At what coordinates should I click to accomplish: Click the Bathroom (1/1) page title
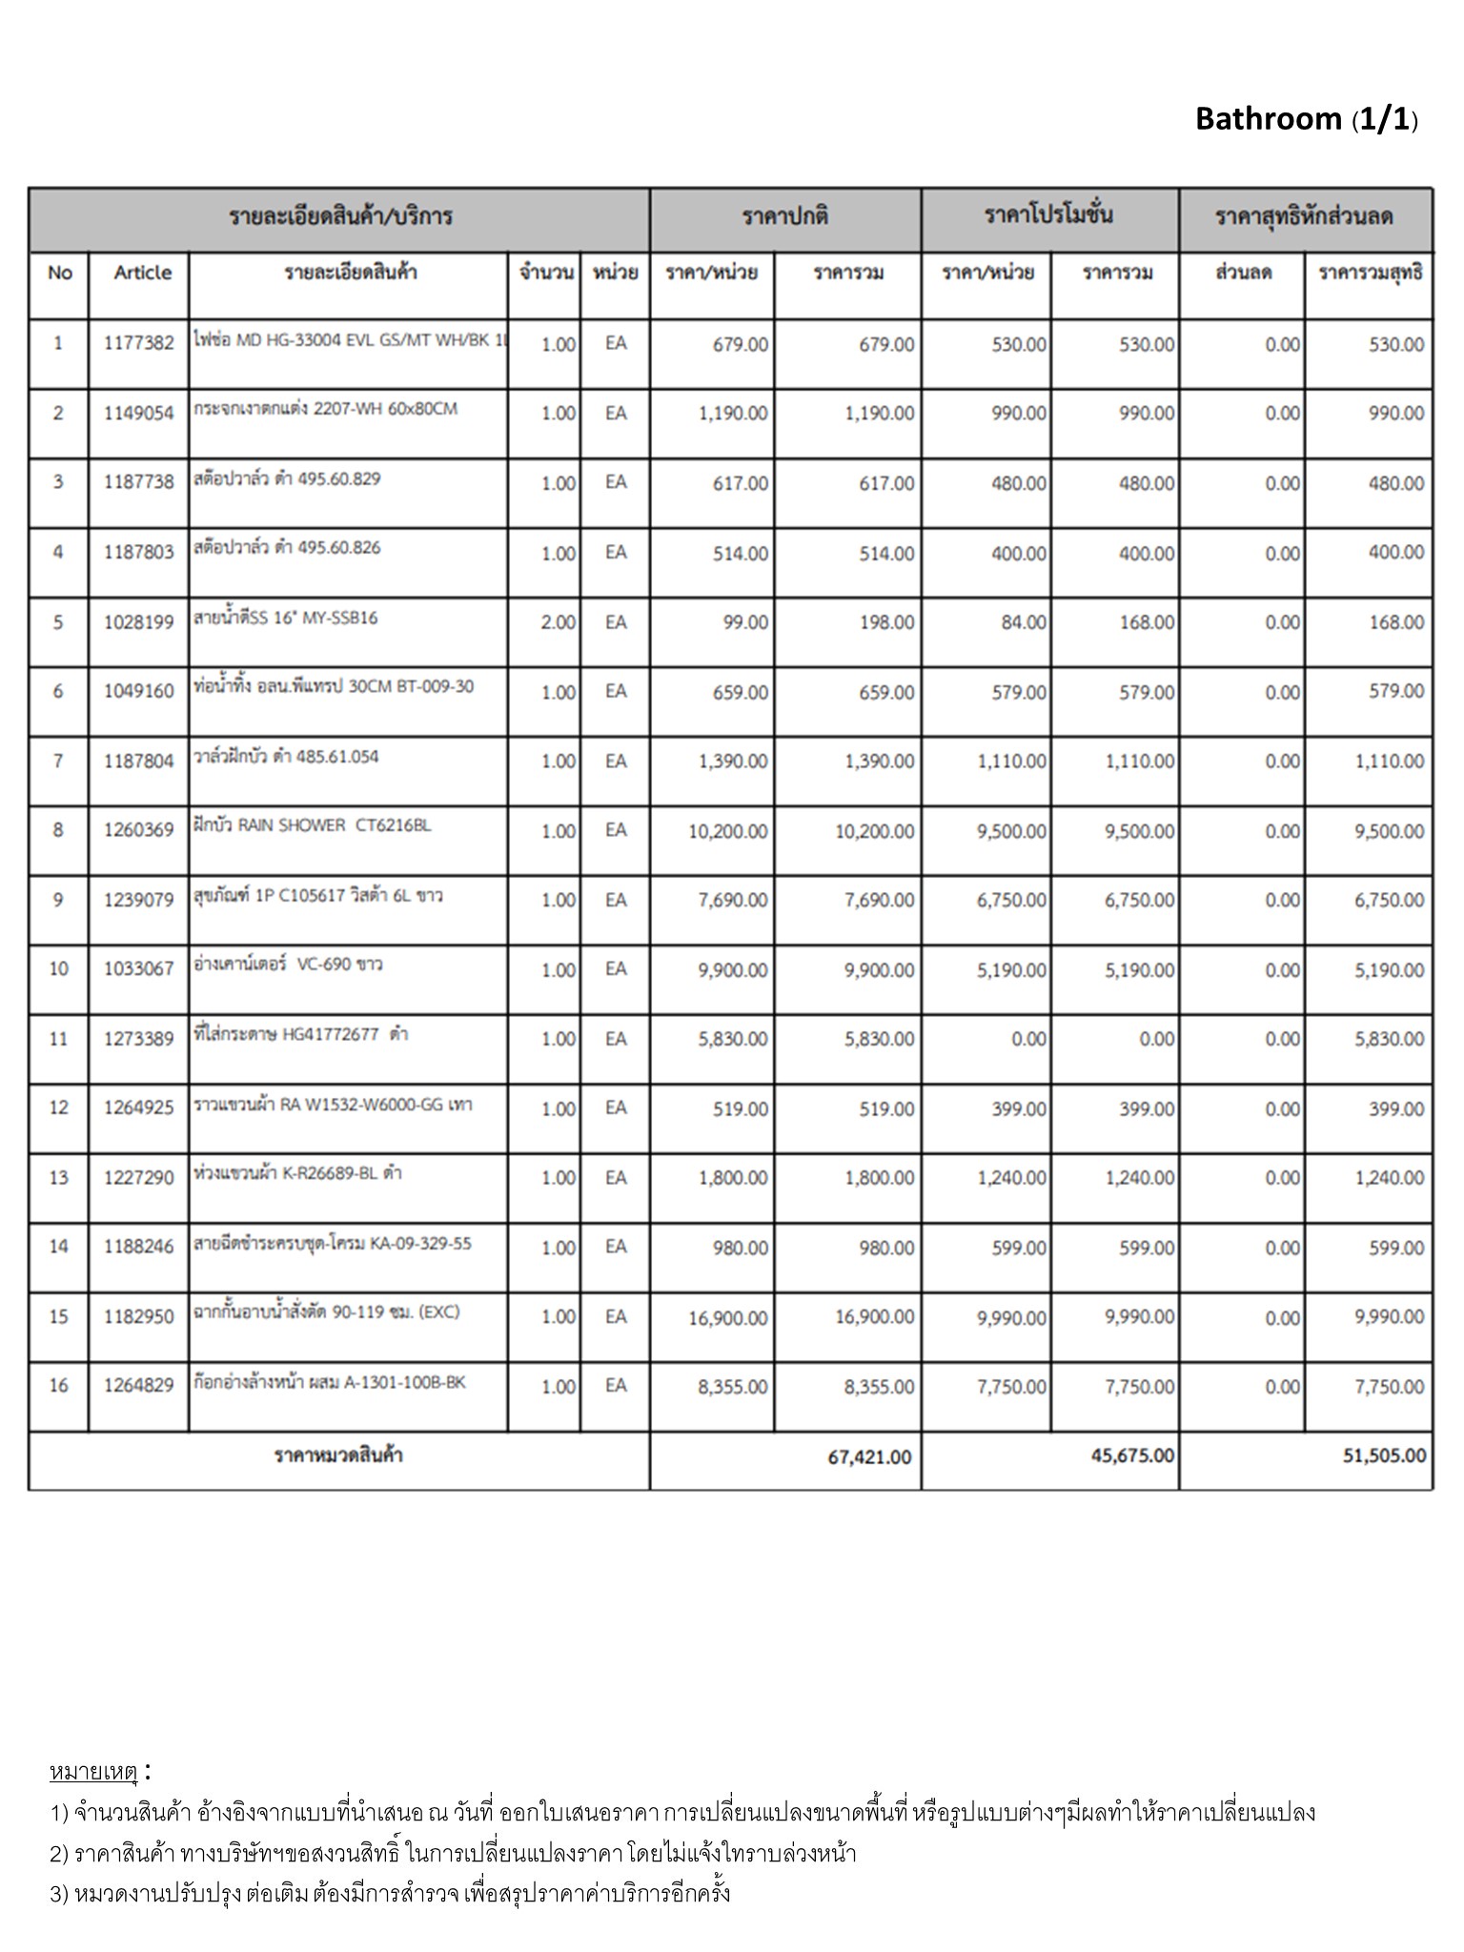pyautogui.click(x=1306, y=119)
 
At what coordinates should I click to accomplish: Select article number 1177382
pyautogui.click(x=139, y=344)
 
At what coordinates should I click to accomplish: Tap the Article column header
pyautogui.click(x=142, y=273)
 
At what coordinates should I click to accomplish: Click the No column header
pyautogui.click(x=59, y=274)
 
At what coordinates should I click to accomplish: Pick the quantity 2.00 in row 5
pyautogui.click(x=558, y=622)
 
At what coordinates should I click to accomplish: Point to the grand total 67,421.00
pyautogui.click(x=869, y=1457)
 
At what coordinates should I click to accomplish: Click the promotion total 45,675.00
pyautogui.click(x=1132, y=1455)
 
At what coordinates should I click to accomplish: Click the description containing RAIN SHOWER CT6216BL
pyautogui.click(x=313, y=825)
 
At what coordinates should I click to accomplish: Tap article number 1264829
pyautogui.click(x=139, y=1385)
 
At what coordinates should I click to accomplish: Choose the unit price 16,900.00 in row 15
pyautogui.click(x=728, y=1318)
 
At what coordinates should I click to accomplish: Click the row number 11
pyautogui.click(x=58, y=1039)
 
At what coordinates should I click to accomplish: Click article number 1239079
pyautogui.click(x=139, y=900)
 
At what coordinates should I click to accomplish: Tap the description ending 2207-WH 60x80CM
pyautogui.click(x=325, y=409)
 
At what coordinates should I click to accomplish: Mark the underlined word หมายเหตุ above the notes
pyautogui.click(x=93, y=1772)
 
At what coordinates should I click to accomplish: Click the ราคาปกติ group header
pyautogui.click(x=784, y=216)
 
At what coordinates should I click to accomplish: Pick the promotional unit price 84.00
pyautogui.click(x=1024, y=622)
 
